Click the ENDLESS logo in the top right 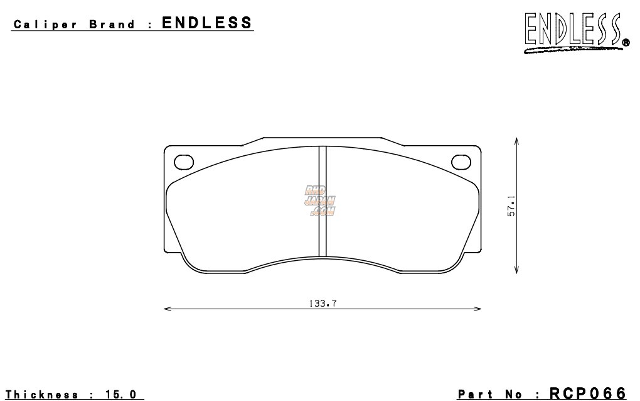coord(572,31)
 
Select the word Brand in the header coord(112,25)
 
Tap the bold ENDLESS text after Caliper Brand coord(207,23)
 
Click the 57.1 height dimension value coord(511,206)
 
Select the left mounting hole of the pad coord(183,162)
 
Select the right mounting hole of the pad coord(461,162)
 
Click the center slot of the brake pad coord(323,201)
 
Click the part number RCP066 coord(587,393)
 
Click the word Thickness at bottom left coord(42,395)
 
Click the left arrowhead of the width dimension coord(166,309)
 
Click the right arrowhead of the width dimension coord(479,309)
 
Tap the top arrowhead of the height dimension coord(516,141)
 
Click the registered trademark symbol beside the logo coord(626,43)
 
